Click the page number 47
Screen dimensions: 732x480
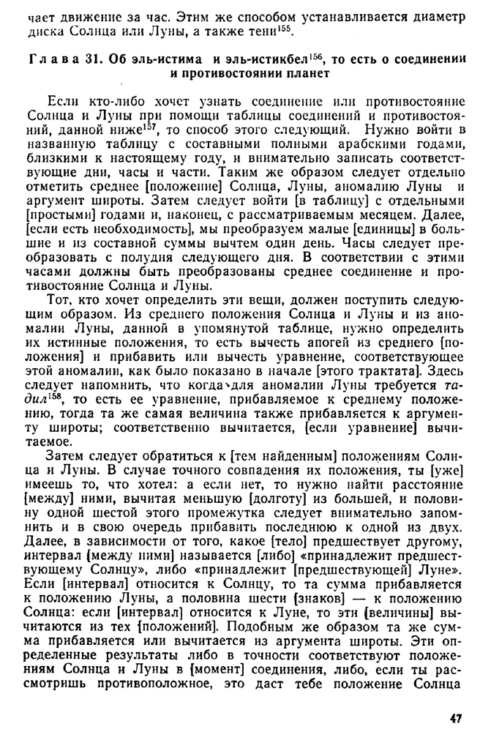(x=455, y=719)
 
